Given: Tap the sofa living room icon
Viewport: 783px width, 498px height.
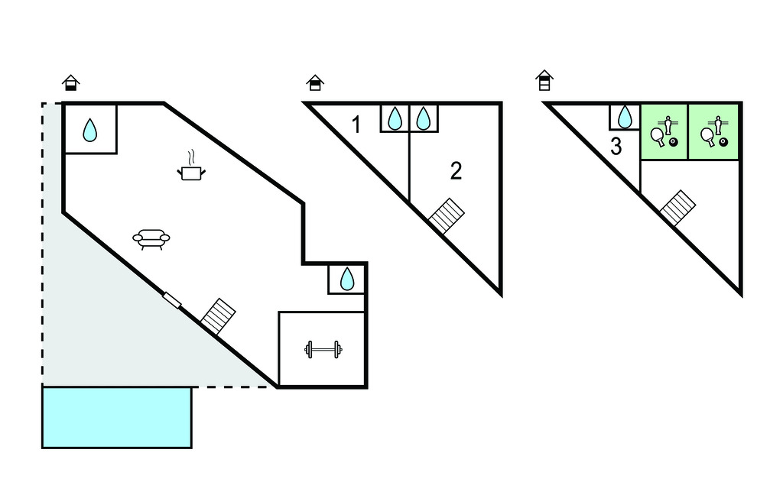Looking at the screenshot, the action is click(151, 239).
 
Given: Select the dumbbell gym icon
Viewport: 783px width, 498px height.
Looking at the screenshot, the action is click(323, 349).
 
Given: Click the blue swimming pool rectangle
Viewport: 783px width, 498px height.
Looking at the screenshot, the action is click(117, 417).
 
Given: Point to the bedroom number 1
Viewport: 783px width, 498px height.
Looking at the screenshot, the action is click(356, 124).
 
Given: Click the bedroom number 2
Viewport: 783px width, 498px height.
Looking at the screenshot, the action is click(456, 171).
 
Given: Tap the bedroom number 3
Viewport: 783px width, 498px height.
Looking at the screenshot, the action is click(616, 147).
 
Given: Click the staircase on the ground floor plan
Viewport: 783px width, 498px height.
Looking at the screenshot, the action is click(218, 316).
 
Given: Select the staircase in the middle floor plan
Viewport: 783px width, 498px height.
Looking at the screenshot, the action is click(447, 216).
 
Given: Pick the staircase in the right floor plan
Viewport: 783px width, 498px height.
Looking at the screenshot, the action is click(677, 208).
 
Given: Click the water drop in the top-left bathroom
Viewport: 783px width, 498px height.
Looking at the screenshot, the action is click(90, 130).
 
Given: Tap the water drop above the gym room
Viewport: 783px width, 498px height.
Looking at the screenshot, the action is click(347, 279).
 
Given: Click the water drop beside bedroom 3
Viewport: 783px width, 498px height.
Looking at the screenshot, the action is click(625, 118).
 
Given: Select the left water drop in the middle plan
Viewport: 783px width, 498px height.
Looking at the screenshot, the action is click(395, 118).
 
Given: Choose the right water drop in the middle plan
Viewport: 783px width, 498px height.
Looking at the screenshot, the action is click(424, 118).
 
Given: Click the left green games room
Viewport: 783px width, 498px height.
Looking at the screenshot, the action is click(664, 132).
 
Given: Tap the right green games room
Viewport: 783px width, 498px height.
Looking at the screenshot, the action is click(713, 132).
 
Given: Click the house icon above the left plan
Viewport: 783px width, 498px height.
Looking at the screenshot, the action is click(71, 82).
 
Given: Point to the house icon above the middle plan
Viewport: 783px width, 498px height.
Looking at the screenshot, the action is click(315, 82).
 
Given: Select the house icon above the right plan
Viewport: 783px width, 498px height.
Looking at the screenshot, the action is click(544, 80).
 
